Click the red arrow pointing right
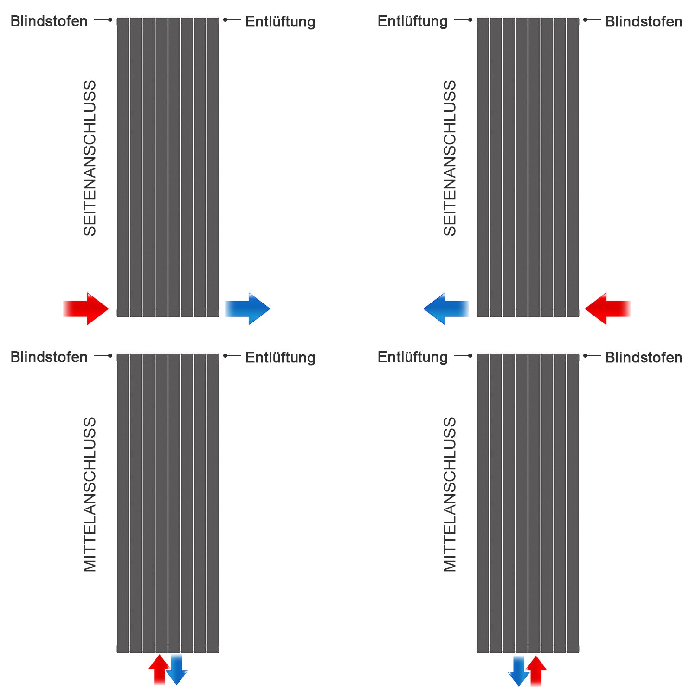coord(87,309)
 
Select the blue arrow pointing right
coord(248,309)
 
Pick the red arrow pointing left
coord(607,309)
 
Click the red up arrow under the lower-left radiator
coord(159,669)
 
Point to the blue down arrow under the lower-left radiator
coord(177,670)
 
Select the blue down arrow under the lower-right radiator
coord(519,671)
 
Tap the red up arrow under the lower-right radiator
coord(536,670)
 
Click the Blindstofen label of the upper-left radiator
coord(49,21)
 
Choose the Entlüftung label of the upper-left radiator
coord(280,21)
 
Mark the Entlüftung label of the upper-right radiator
coord(412,21)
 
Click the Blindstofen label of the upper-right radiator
coord(644,21)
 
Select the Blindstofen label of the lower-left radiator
coord(49,357)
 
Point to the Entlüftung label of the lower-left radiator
coord(280,357)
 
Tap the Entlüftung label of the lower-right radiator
coord(412,357)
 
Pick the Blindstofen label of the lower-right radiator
coord(644,357)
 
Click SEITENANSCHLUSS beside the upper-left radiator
coord(90,158)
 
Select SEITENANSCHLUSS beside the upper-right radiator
coord(450,158)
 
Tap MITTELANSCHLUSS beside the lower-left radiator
coord(90,494)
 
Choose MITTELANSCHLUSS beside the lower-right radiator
coord(450,494)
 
